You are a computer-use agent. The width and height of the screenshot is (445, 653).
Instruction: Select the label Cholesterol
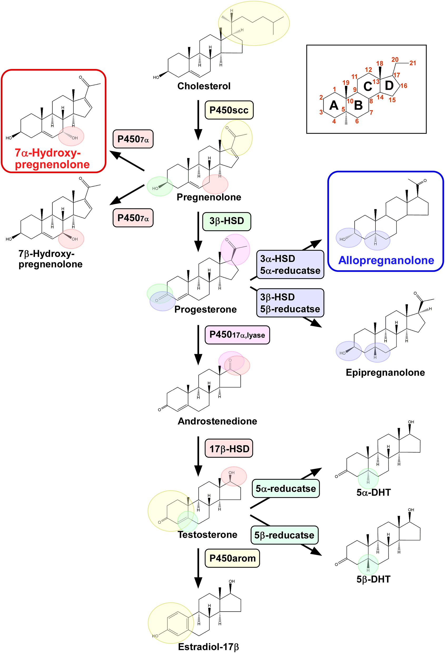pos(204,86)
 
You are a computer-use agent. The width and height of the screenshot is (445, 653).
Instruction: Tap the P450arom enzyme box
pos(232,558)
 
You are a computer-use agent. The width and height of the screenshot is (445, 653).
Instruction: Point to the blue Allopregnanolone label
pos(386,260)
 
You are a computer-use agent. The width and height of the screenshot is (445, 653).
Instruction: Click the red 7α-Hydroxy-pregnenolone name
pos(52,159)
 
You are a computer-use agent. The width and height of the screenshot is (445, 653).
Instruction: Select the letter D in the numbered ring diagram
pos(389,85)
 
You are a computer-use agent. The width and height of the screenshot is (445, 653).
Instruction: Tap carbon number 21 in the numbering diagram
pos(412,63)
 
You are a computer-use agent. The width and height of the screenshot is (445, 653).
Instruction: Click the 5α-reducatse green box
pos(285,489)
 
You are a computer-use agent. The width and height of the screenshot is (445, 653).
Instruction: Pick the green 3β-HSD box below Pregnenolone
pos(226,221)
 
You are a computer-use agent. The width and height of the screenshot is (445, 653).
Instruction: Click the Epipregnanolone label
pos(385,373)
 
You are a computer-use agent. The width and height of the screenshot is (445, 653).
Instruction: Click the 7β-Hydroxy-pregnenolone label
pos(51,259)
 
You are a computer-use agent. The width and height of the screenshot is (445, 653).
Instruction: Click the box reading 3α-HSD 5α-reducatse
pos(290,265)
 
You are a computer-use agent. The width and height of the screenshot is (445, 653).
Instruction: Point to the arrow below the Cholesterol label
pos(198,120)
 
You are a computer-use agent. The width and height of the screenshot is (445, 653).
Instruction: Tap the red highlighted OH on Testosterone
pos(231,473)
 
